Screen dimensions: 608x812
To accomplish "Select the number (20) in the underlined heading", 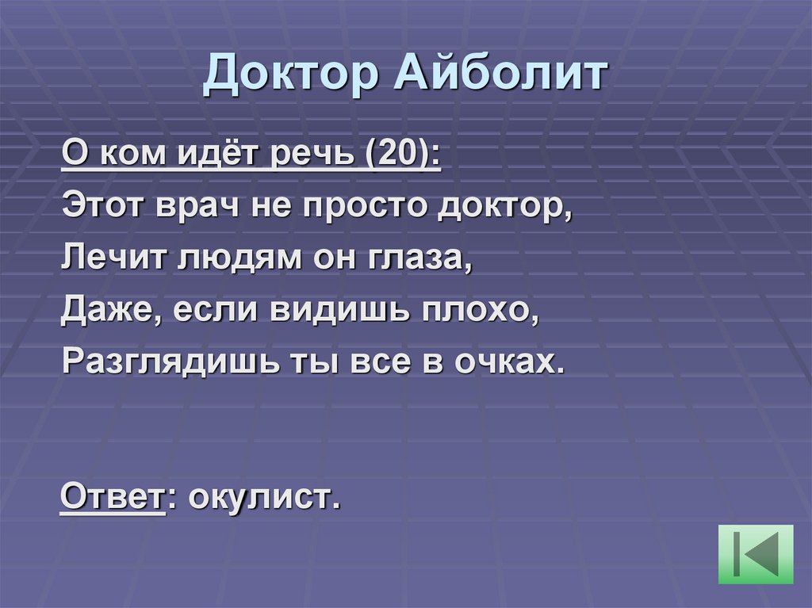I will tap(400, 151).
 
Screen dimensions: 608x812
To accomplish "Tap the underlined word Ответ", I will tap(112, 499).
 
